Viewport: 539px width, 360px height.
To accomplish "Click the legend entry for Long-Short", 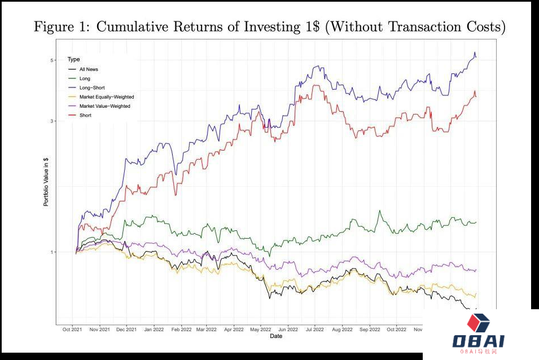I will pos(92,88).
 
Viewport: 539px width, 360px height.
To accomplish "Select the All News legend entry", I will pos(89,69).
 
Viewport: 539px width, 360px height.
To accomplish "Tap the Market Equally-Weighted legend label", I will pos(106,97).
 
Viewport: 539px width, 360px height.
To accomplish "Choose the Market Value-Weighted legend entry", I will pos(104,106).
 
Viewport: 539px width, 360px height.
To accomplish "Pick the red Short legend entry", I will pos(85,115).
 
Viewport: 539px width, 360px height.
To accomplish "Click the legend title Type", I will pos(73,59).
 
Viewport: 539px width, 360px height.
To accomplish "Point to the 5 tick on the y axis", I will pos(51,60).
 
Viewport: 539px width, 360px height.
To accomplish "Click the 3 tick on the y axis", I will pos(51,121).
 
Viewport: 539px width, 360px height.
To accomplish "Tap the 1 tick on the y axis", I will pos(51,252).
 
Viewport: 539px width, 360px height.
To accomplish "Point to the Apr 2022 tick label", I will pos(234,330).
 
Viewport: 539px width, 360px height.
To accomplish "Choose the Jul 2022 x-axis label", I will pos(314,330).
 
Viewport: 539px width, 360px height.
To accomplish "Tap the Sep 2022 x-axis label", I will pos(370,330).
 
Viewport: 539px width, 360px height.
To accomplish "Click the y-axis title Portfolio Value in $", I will pos(46,181).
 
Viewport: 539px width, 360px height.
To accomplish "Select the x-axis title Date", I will pos(276,336).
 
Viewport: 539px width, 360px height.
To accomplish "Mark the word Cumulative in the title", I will pos(134,27).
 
